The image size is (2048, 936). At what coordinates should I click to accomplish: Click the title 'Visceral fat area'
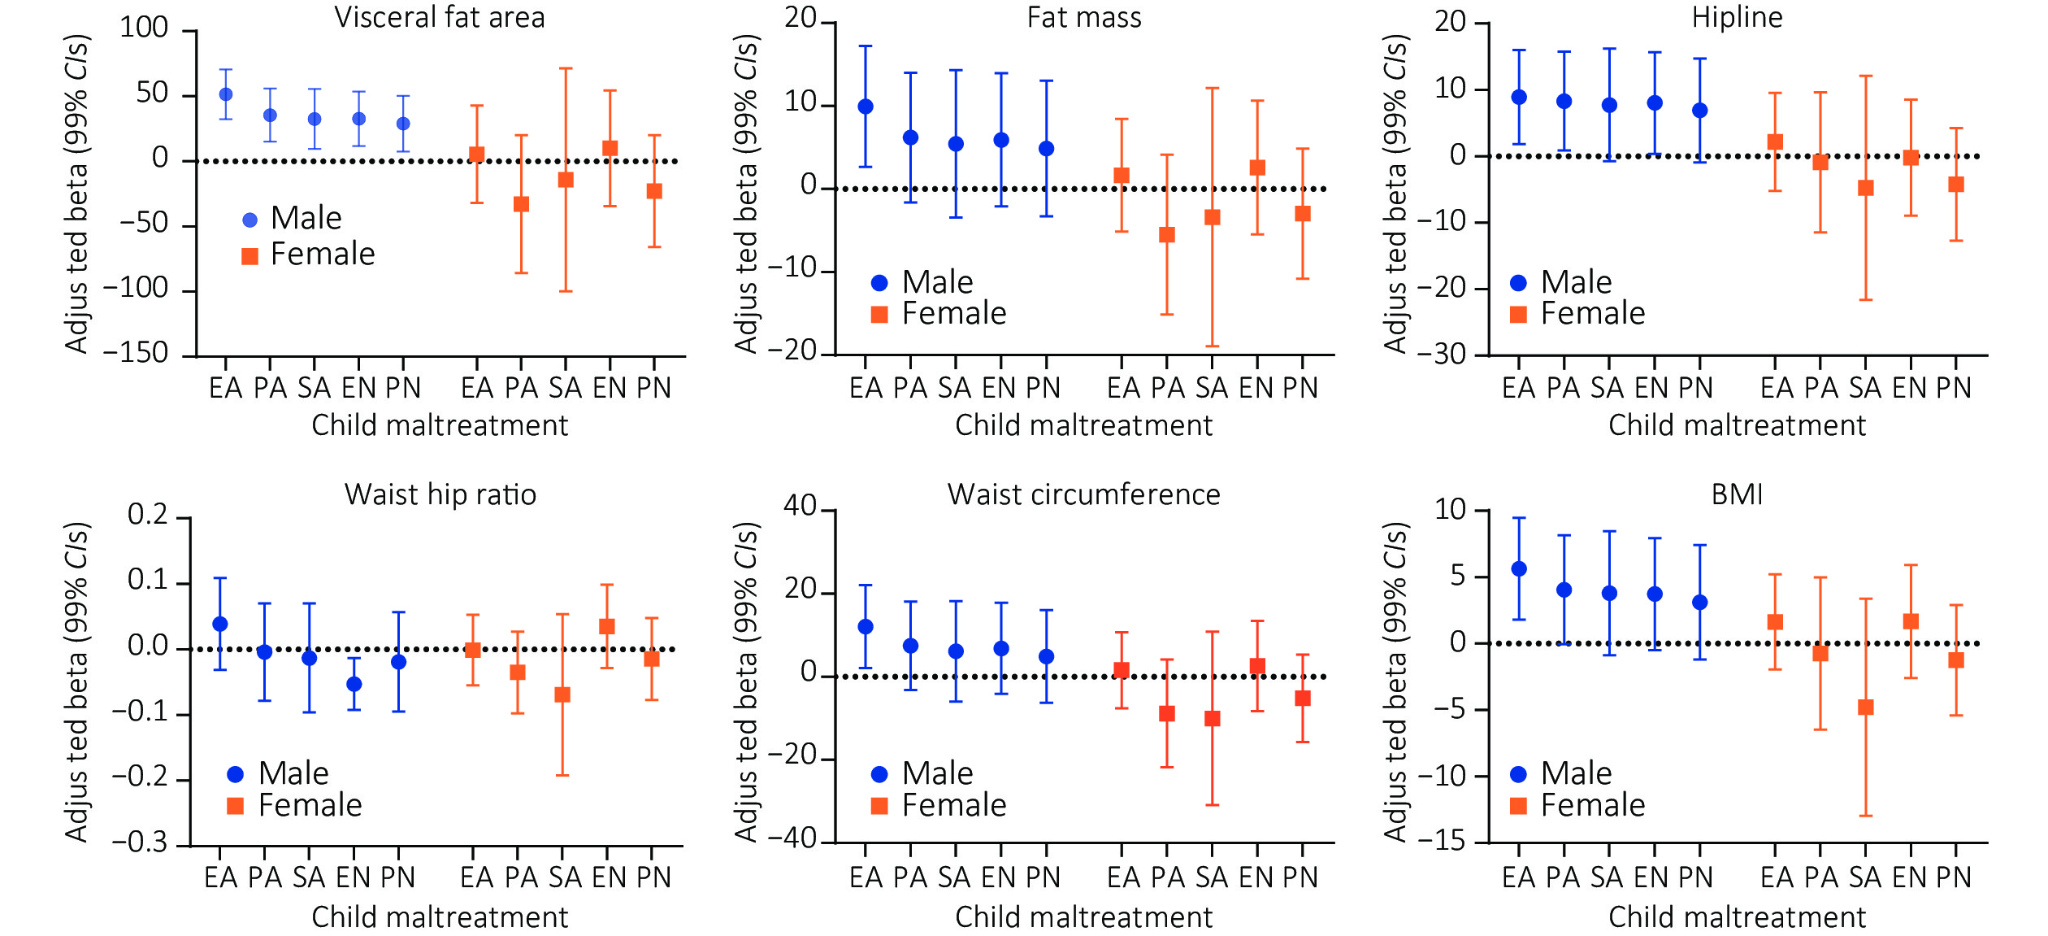coord(440,18)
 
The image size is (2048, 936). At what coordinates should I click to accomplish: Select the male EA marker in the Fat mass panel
coord(866,107)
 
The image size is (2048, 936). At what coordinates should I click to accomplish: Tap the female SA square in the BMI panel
coord(1866,707)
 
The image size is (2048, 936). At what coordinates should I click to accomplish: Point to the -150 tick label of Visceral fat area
coord(136,354)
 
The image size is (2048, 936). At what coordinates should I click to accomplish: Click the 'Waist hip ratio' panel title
coord(440,494)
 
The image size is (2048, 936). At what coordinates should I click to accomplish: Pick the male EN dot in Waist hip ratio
coord(354,684)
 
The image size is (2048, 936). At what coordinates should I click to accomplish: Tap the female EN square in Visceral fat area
coord(610,148)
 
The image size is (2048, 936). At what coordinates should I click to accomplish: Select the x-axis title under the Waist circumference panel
coord(1083,917)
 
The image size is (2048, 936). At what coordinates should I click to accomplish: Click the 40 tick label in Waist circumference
coord(800,507)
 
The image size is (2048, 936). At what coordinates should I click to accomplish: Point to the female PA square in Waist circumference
coord(1167,714)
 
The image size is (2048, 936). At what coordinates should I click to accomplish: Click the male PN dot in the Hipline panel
coord(1700,111)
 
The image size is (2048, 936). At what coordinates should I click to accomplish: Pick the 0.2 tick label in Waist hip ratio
coord(148,515)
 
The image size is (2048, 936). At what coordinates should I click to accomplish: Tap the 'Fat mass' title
coord(1084,18)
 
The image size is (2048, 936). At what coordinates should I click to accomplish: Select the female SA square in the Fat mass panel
coord(1213,217)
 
